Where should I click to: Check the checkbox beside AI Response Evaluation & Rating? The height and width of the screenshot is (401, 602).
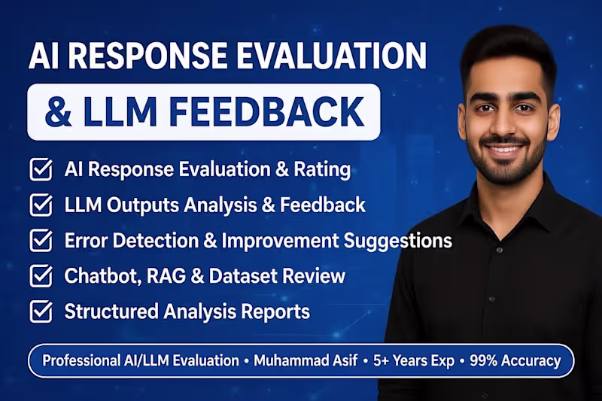point(40,169)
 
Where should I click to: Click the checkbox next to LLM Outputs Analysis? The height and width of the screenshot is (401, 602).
point(40,205)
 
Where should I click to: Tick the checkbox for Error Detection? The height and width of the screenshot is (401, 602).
point(40,241)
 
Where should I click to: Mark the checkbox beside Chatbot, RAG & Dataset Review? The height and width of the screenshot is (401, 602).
point(40,276)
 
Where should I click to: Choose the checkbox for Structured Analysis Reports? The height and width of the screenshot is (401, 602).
point(40,311)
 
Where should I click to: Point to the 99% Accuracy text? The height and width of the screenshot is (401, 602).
point(515,360)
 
